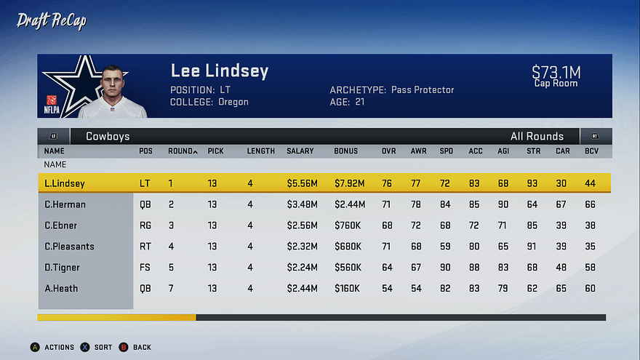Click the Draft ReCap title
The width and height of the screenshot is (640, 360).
pos(52,21)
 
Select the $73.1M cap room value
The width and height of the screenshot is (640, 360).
pos(556,72)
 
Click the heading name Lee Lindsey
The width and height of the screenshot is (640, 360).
pos(219,71)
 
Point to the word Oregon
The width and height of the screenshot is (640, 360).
pos(233,103)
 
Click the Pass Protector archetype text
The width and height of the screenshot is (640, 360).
pos(423,90)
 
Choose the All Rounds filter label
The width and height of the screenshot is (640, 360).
pos(537,136)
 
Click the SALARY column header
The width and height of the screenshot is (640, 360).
pos(300,151)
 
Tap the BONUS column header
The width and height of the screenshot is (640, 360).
pos(346,151)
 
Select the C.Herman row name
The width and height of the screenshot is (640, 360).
pos(65,205)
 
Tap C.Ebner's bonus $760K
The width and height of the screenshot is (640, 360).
pos(348,225)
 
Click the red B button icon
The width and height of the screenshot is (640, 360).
pos(123,348)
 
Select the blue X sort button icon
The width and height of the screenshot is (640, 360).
pos(84,348)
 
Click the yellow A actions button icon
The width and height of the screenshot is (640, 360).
pos(34,348)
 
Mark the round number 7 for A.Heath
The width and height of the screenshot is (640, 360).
pos(171,289)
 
